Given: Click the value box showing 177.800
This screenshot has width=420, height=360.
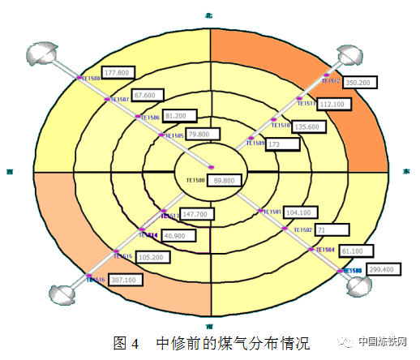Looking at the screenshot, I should click(x=118, y=72).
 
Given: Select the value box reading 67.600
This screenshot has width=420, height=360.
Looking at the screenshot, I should click(x=147, y=95).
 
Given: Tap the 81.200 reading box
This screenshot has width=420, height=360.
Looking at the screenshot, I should click(x=179, y=116).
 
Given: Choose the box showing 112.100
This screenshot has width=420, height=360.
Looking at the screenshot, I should click(x=332, y=104).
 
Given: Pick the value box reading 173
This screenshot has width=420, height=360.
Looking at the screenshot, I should click(x=283, y=144).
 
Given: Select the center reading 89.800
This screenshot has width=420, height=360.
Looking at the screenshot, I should click(x=229, y=180).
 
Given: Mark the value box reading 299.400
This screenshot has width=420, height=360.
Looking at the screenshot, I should click(x=380, y=269).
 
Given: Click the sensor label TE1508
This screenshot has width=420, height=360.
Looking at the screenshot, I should click(x=90, y=79).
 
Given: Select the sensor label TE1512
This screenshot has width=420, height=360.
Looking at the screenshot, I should click(x=332, y=81).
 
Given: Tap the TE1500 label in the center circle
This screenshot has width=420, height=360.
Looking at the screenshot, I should click(x=194, y=179).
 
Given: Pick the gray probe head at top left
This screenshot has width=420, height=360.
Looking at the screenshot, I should click(x=40, y=55).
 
